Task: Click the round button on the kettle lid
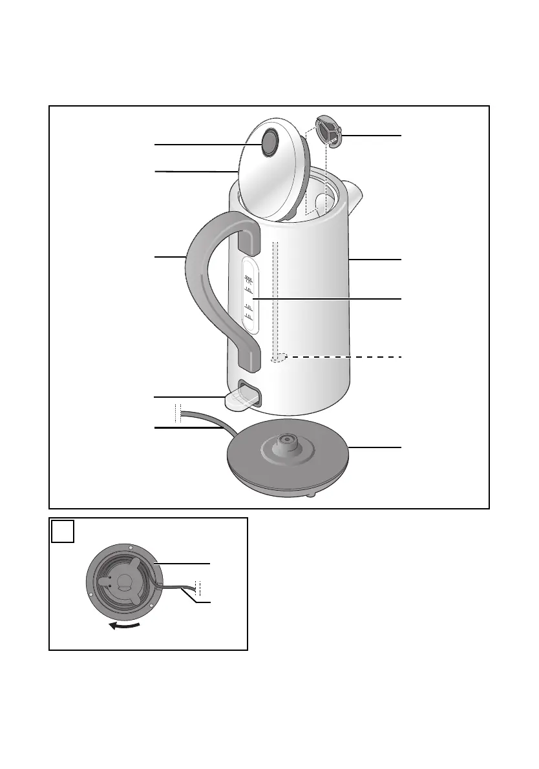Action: point(269,143)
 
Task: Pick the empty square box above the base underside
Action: point(63,532)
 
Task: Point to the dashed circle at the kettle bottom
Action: point(278,357)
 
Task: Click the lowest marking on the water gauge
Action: point(248,317)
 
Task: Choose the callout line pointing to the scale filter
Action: point(372,136)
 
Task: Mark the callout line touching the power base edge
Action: point(375,447)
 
